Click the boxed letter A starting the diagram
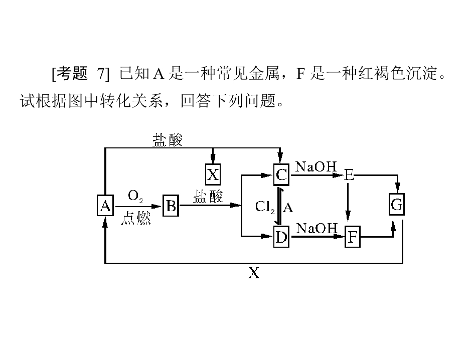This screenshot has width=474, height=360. [x=105, y=206]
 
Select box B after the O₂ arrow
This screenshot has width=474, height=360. [x=170, y=206]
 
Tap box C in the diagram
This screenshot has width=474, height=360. [x=281, y=174]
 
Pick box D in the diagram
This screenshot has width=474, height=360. [x=281, y=237]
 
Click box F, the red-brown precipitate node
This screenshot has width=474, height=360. [x=353, y=237]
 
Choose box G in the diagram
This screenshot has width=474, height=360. [x=397, y=205]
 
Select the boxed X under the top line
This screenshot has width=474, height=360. [x=213, y=174]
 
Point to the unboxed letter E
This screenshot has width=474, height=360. [x=349, y=175]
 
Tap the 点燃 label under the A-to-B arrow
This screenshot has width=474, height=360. [x=135, y=219]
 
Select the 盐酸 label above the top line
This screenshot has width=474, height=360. [x=168, y=140]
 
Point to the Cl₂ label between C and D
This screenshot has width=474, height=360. [x=264, y=207]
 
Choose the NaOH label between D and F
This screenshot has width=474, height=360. [x=316, y=229]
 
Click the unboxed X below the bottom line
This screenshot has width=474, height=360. [x=254, y=273]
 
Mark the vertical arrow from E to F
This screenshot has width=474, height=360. [x=347, y=203]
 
